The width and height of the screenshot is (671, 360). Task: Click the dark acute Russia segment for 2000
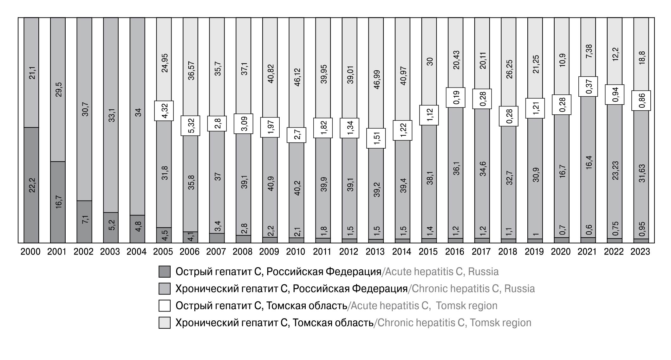pyautogui.click(x=31, y=185)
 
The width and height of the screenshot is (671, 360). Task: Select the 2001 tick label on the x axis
pyautogui.click(x=57, y=252)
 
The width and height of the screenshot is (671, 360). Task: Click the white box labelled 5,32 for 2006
pyautogui.click(x=190, y=126)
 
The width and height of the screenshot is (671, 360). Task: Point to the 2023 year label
pyautogui.click(x=640, y=252)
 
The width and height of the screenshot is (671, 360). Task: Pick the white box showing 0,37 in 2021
pyautogui.click(x=588, y=86)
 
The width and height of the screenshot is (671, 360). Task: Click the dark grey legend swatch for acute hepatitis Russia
pyautogui.click(x=165, y=272)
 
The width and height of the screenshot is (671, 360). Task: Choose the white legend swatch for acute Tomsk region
pyautogui.click(x=165, y=306)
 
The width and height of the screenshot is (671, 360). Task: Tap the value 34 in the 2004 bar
pyautogui.click(x=138, y=113)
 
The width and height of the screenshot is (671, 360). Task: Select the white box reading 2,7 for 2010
pyautogui.click(x=297, y=135)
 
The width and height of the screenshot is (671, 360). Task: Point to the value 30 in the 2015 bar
pyautogui.click(x=430, y=61)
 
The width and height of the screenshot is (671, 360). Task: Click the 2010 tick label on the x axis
pyautogui.click(x=296, y=252)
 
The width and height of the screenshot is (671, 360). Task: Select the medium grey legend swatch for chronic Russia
pyautogui.click(x=165, y=289)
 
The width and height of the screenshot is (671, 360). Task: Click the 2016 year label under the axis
pyautogui.click(x=455, y=252)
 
